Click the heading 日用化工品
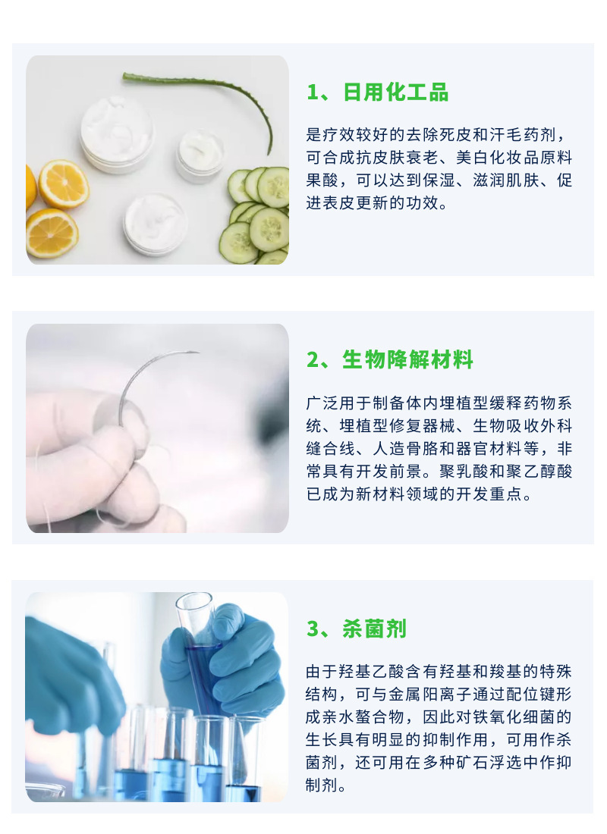click(x=396, y=92)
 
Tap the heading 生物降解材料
click(x=408, y=360)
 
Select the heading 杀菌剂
click(x=375, y=629)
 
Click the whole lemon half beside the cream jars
click(x=64, y=183)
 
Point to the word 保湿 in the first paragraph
click(x=471, y=182)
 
